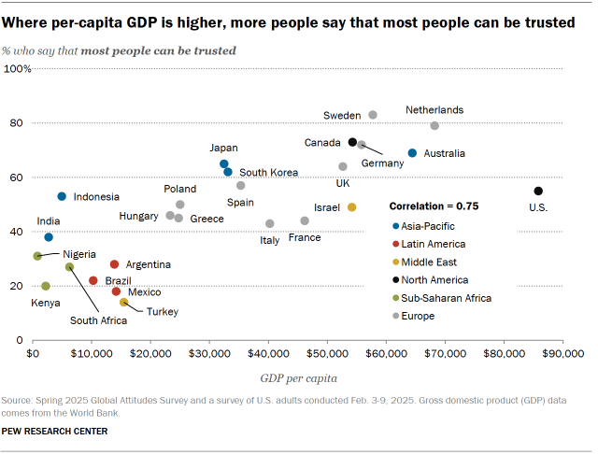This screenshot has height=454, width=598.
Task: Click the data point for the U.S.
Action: [x=538, y=192]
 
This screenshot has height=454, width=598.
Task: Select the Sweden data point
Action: [x=373, y=115]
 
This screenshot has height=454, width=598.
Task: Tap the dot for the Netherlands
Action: [x=434, y=125]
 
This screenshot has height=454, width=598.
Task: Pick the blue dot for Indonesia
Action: [x=62, y=196]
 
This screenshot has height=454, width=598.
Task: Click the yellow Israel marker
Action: [x=352, y=207]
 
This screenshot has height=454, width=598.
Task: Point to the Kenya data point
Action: [x=46, y=286]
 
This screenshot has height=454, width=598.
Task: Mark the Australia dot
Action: [x=412, y=153]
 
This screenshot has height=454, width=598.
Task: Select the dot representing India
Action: [x=49, y=237]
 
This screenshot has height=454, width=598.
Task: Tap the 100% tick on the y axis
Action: [x=18, y=69]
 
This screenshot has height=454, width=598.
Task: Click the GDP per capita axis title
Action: [x=299, y=378]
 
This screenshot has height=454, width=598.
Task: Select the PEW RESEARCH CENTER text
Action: [x=55, y=432]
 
